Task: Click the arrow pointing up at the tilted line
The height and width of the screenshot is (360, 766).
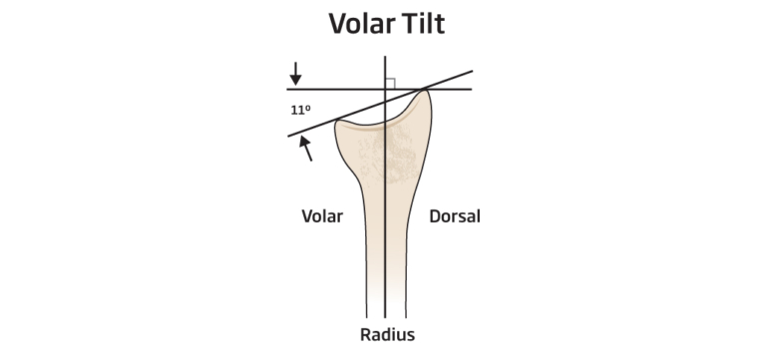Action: (306, 149)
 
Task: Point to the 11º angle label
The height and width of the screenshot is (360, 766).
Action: (301, 111)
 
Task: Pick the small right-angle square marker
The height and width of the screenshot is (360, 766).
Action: (391, 84)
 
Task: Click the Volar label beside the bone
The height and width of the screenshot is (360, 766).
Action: (321, 215)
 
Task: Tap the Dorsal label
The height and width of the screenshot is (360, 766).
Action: (455, 215)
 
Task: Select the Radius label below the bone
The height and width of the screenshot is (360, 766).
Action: (387, 334)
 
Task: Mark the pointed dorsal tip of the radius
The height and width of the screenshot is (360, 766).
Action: (426, 92)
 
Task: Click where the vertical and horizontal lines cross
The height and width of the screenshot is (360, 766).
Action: (386, 90)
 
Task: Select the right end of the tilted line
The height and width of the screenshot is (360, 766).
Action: (472, 71)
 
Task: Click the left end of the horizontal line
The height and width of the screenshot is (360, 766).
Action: (288, 90)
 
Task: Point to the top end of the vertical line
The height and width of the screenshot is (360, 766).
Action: (386, 57)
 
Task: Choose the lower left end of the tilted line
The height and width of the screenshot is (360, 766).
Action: (289, 135)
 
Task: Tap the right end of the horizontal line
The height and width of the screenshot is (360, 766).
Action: (472, 90)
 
